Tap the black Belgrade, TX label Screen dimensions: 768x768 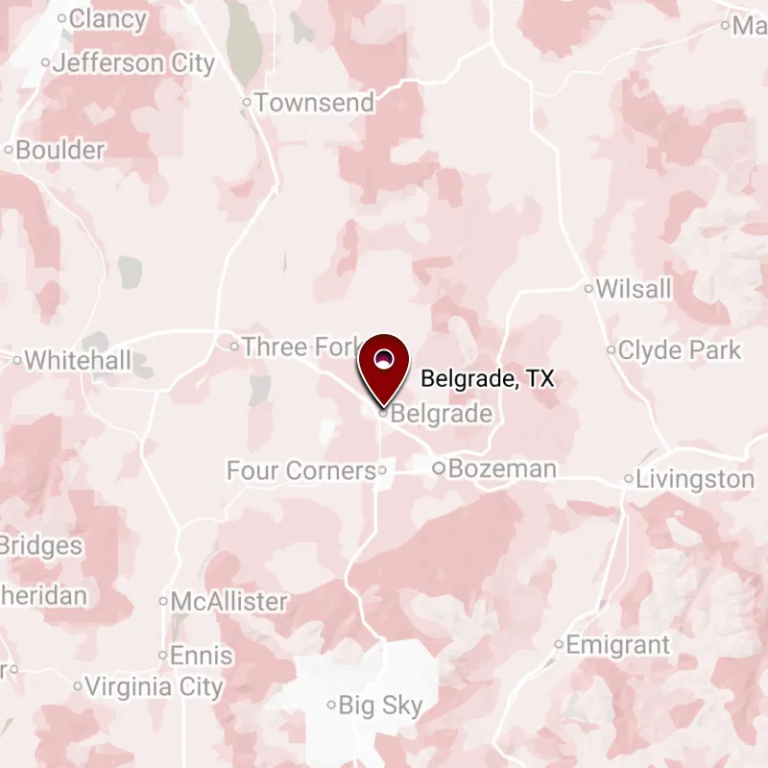tap(488, 379)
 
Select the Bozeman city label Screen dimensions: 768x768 tap(502, 469)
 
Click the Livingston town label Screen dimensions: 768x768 tap(695, 479)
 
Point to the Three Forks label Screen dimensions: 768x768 tap(300, 347)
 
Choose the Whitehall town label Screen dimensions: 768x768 tap(78, 360)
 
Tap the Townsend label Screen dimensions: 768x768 tap(315, 103)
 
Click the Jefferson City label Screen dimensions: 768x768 tap(133, 64)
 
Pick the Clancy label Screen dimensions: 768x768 tap(108, 18)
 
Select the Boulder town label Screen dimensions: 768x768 tap(60, 150)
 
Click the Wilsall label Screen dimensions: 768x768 tap(634, 289)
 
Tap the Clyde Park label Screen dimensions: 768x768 tap(680, 350)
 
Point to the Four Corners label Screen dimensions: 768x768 tap(300, 470)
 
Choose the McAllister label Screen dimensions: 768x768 tap(228, 602)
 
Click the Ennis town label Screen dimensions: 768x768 tap(201, 656)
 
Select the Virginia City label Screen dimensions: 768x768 tap(154, 687)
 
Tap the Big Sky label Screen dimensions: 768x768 tap(381, 707)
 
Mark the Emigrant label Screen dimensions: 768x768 tap(617, 645)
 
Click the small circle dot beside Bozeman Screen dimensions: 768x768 tap(438, 469)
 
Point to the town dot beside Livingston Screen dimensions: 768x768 tap(629, 479)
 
